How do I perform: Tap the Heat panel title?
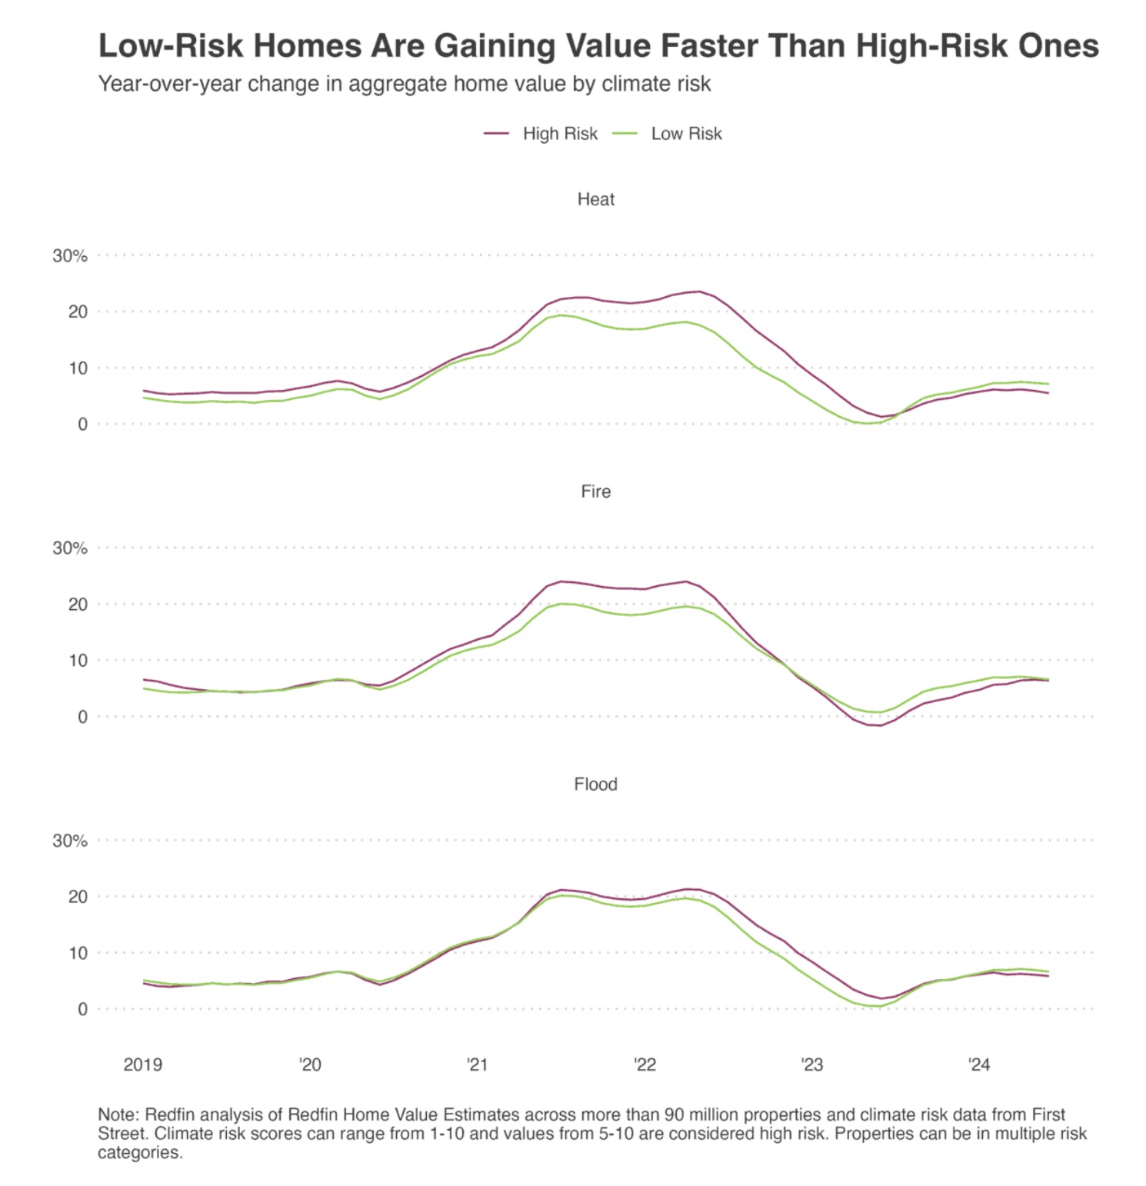(x=595, y=199)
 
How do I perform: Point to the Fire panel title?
(x=595, y=491)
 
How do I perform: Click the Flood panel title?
(x=595, y=784)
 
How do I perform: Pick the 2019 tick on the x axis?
(x=143, y=1064)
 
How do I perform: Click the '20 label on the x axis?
(x=310, y=1064)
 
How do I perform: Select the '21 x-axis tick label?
(x=477, y=1064)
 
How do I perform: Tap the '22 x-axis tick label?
(x=645, y=1064)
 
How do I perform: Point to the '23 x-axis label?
(x=811, y=1064)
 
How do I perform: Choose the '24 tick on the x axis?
(x=979, y=1064)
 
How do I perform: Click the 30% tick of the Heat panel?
(x=70, y=256)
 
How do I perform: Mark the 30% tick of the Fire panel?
(x=70, y=548)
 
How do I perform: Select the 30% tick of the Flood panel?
(x=70, y=841)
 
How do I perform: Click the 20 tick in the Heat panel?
(x=78, y=311)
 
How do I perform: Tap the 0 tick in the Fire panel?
(x=82, y=717)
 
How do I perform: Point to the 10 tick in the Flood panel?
(x=78, y=953)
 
